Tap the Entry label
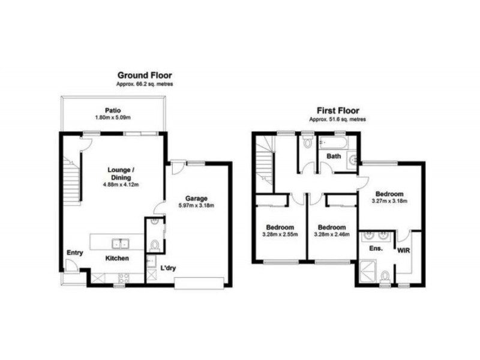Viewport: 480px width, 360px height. pos(74,253)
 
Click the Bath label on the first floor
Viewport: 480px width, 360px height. pos(334,157)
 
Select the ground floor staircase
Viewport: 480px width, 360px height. pos(71,177)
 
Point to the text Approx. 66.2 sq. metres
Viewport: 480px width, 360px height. pos(144,86)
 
